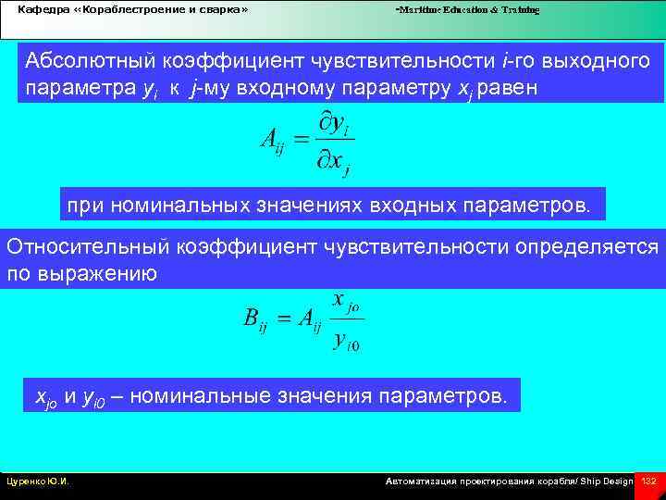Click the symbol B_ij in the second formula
[x=254, y=319]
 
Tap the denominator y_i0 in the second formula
[x=346, y=342]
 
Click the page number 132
[x=648, y=481]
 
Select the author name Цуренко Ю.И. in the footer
[x=39, y=481]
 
